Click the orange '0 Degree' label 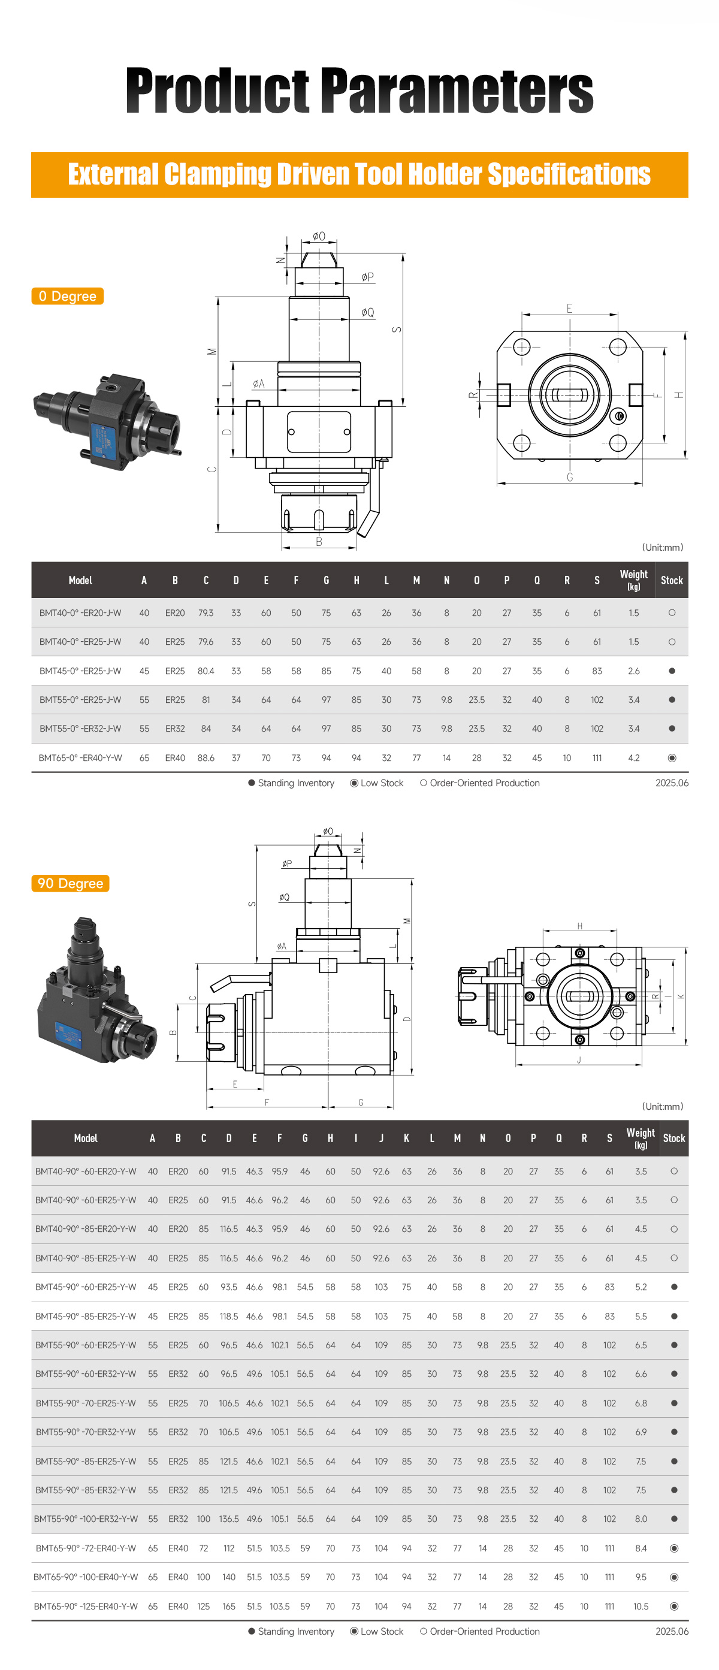(x=68, y=296)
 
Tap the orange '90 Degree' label (x=70, y=884)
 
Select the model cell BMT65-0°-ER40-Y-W (x=80, y=758)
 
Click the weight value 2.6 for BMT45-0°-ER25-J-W (x=633, y=671)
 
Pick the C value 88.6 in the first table (x=206, y=758)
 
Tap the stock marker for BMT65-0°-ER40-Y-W (x=672, y=758)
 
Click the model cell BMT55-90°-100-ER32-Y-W (x=86, y=1519)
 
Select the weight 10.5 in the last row (x=641, y=1606)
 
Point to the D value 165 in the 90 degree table (x=229, y=1606)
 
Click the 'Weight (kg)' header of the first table (x=633, y=579)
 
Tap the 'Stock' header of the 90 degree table (x=673, y=1138)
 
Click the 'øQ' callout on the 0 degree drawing (x=368, y=312)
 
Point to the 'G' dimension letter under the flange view (x=570, y=477)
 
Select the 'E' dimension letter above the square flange (x=569, y=309)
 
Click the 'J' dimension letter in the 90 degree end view (x=579, y=1060)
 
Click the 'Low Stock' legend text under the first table (x=382, y=783)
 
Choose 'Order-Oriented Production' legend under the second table (x=484, y=1631)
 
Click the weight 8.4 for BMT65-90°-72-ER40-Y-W (x=641, y=1548)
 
